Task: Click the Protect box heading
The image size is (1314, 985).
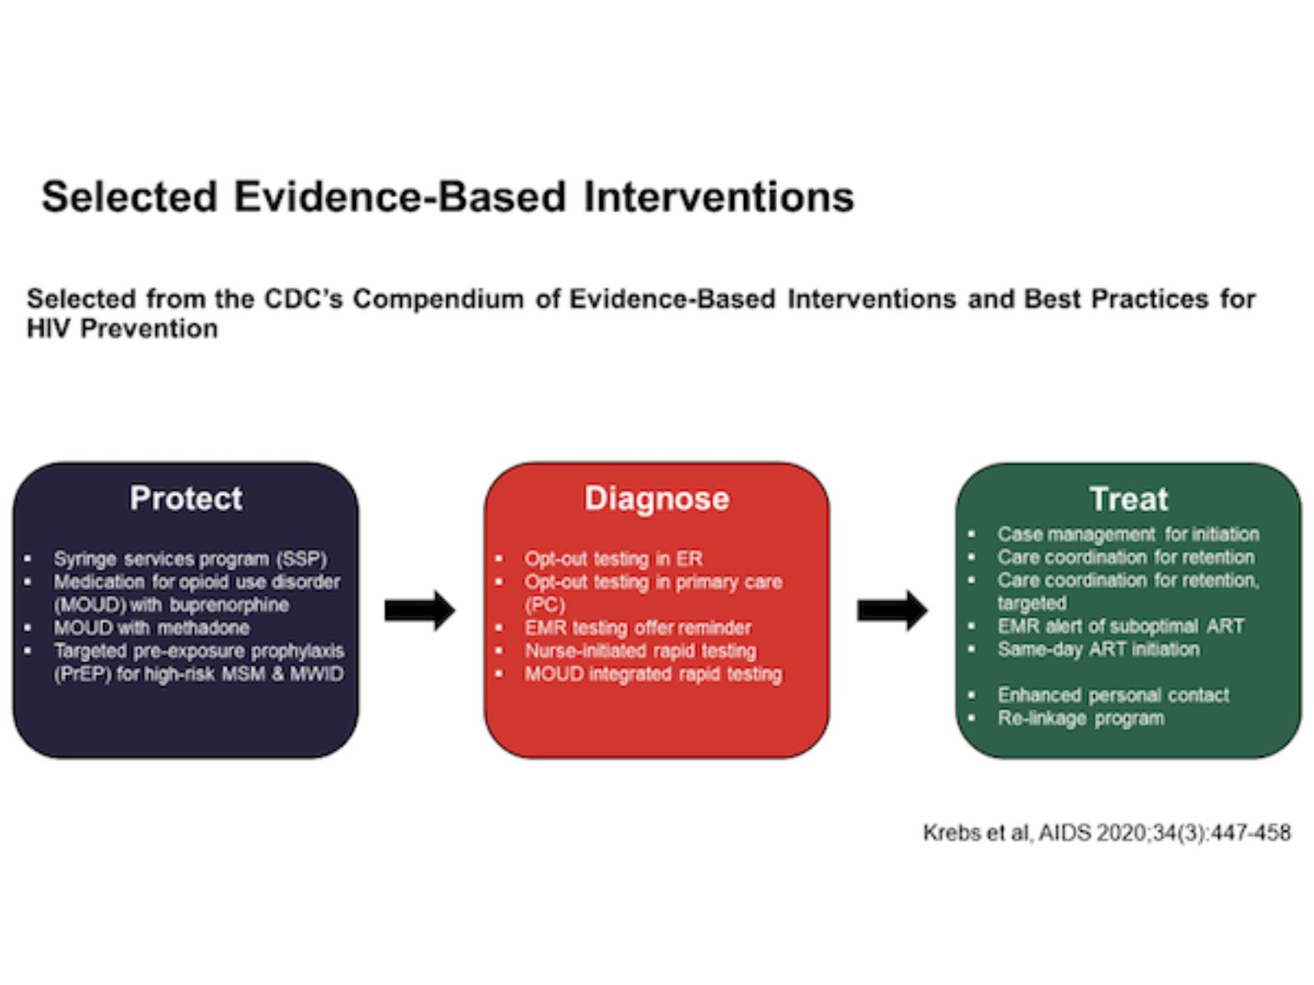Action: [186, 498]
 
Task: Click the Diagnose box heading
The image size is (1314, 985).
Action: [656, 498]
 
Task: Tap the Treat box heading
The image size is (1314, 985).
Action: [1128, 499]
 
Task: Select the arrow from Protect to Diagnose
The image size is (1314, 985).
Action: [420, 610]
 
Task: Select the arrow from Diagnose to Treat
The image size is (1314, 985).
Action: [892, 610]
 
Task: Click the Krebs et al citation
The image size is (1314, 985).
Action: [1106, 832]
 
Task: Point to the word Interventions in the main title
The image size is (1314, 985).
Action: [719, 197]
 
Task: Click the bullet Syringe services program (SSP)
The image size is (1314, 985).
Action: [190, 559]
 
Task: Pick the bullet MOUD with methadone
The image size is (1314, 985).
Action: [151, 628]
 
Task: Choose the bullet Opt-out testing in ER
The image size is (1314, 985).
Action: [613, 559]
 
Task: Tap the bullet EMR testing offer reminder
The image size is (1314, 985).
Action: [637, 628]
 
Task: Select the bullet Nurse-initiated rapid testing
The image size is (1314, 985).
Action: [640, 651]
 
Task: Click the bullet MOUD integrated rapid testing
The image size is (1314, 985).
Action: [653, 674]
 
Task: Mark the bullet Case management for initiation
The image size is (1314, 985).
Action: [1128, 534]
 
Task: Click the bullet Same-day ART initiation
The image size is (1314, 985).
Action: [1098, 649]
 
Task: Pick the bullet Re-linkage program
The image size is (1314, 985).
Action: [1080, 718]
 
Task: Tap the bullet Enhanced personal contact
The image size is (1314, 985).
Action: [1113, 695]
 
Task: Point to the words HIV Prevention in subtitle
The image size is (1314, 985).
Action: [122, 328]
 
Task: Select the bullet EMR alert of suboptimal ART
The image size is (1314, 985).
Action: [1120, 626]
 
